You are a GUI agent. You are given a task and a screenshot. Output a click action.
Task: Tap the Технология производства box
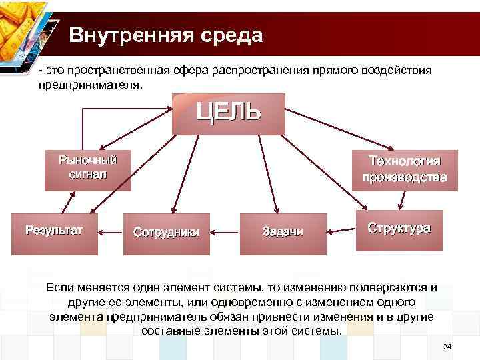(x=401, y=169)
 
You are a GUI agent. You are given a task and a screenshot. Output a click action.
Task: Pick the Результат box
(x=54, y=231)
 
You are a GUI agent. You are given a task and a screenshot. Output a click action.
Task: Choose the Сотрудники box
(x=166, y=233)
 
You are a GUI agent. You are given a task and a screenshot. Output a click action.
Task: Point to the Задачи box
(x=283, y=232)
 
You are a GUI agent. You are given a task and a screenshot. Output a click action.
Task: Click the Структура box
(x=399, y=229)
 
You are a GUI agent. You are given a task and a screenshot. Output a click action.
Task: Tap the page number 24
(x=447, y=347)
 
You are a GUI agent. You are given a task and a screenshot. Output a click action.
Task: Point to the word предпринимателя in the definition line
(x=90, y=86)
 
